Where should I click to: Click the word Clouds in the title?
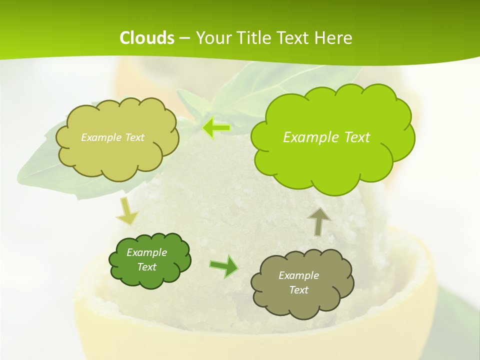pos(147,38)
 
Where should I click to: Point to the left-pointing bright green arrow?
pos(216,128)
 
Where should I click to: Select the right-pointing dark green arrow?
pos(223,266)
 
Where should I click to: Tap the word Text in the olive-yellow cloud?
pos(134,137)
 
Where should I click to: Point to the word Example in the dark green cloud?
pos(146,252)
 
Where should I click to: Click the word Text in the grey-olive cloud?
pos(298,290)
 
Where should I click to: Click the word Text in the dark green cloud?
pos(146,267)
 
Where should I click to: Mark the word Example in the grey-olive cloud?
pos(298,275)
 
